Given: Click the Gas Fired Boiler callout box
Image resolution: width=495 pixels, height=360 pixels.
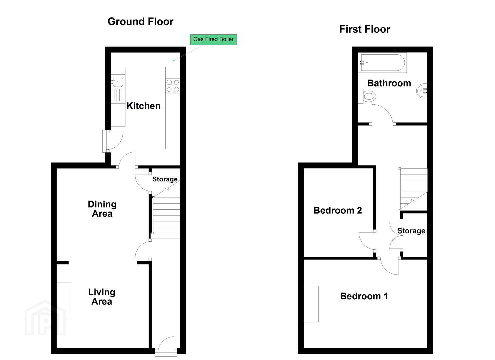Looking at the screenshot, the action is (x=213, y=40).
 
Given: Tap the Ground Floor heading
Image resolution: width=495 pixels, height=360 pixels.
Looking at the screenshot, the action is (x=141, y=22).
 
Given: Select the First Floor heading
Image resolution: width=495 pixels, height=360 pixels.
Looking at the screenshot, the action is (x=365, y=29).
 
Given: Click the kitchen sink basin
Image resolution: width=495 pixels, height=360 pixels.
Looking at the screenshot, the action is (x=117, y=82).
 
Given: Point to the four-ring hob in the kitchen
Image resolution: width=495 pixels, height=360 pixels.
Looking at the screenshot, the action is (x=173, y=86).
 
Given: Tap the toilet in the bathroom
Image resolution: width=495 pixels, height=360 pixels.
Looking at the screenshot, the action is (x=367, y=96).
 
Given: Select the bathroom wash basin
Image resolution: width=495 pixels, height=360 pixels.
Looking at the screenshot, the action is (x=422, y=91).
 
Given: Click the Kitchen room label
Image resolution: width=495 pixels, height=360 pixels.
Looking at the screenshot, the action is (x=143, y=106).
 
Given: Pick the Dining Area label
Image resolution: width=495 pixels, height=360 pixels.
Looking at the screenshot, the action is (x=102, y=209).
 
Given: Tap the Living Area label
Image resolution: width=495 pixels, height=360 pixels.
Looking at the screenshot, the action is (x=102, y=297).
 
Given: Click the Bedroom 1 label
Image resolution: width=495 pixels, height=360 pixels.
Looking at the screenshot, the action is (x=364, y=296).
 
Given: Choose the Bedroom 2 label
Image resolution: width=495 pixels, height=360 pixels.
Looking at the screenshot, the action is (x=338, y=210).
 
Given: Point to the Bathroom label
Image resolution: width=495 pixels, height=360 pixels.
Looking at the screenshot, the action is (x=389, y=83).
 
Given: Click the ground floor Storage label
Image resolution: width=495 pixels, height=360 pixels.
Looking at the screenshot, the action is (x=165, y=179).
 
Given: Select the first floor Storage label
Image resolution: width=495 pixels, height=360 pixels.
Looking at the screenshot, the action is (x=411, y=231).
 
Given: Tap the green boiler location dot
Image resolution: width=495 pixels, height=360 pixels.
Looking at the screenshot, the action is (x=174, y=61).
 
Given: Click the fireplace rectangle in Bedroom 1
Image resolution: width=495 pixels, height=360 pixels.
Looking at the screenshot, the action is (x=311, y=304).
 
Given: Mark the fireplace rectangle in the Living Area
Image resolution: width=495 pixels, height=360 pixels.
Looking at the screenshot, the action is (x=64, y=301).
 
